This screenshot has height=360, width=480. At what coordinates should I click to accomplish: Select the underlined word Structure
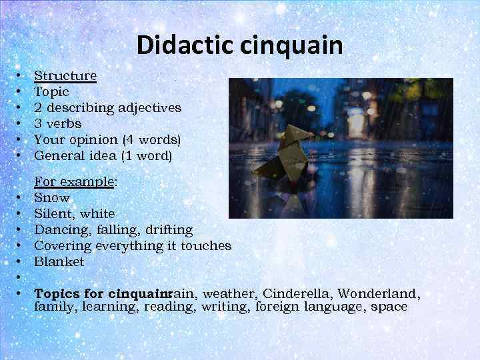point(65,76)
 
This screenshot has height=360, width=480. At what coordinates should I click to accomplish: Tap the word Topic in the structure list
point(51,92)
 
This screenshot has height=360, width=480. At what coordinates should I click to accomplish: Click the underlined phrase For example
point(74,182)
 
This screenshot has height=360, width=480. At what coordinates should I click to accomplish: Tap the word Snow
point(52,198)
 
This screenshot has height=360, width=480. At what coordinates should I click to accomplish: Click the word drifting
point(168,230)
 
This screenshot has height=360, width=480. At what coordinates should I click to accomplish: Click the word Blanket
point(59,262)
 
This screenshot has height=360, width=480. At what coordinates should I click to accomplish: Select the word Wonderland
point(383,294)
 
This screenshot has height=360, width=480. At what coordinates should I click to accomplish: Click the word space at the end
point(389,307)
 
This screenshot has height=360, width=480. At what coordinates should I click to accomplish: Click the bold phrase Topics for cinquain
point(101,294)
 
